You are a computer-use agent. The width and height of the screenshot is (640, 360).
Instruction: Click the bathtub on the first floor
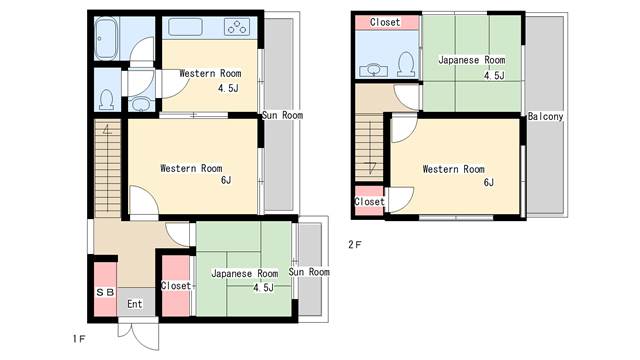[x=106, y=38]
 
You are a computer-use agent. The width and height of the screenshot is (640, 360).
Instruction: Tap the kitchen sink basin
[x=185, y=27]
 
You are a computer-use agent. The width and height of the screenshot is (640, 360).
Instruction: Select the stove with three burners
[x=237, y=27]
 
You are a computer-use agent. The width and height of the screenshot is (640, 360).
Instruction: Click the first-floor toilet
[x=107, y=100]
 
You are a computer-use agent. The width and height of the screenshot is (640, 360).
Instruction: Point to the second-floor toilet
[x=406, y=63]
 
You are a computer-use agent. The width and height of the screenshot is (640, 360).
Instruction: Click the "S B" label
[x=105, y=292]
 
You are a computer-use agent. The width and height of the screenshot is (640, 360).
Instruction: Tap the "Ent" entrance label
[x=135, y=304]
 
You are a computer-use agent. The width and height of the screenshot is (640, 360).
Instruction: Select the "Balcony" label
[x=545, y=117]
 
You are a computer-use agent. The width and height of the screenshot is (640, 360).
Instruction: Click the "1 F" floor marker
[x=79, y=339]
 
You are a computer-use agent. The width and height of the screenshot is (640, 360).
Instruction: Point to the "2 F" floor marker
[x=355, y=244]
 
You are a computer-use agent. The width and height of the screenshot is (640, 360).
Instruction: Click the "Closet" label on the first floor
[x=176, y=286]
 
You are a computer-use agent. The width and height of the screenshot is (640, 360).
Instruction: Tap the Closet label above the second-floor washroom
[x=385, y=22]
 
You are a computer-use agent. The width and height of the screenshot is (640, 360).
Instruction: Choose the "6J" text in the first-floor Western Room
[x=226, y=180]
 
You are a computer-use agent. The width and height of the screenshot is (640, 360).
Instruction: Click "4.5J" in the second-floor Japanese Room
[x=494, y=76]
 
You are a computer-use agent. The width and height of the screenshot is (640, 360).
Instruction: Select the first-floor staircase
[x=108, y=168]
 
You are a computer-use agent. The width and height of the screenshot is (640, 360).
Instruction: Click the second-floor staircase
[x=369, y=148]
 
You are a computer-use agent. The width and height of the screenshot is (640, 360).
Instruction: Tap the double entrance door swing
[x=138, y=335]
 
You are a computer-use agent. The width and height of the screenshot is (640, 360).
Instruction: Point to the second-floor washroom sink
[x=373, y=70]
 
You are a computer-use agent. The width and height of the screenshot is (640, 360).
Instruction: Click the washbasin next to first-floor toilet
[x=141, y=104]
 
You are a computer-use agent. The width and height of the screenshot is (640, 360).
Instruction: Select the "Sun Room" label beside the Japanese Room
[x=309, y=272]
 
